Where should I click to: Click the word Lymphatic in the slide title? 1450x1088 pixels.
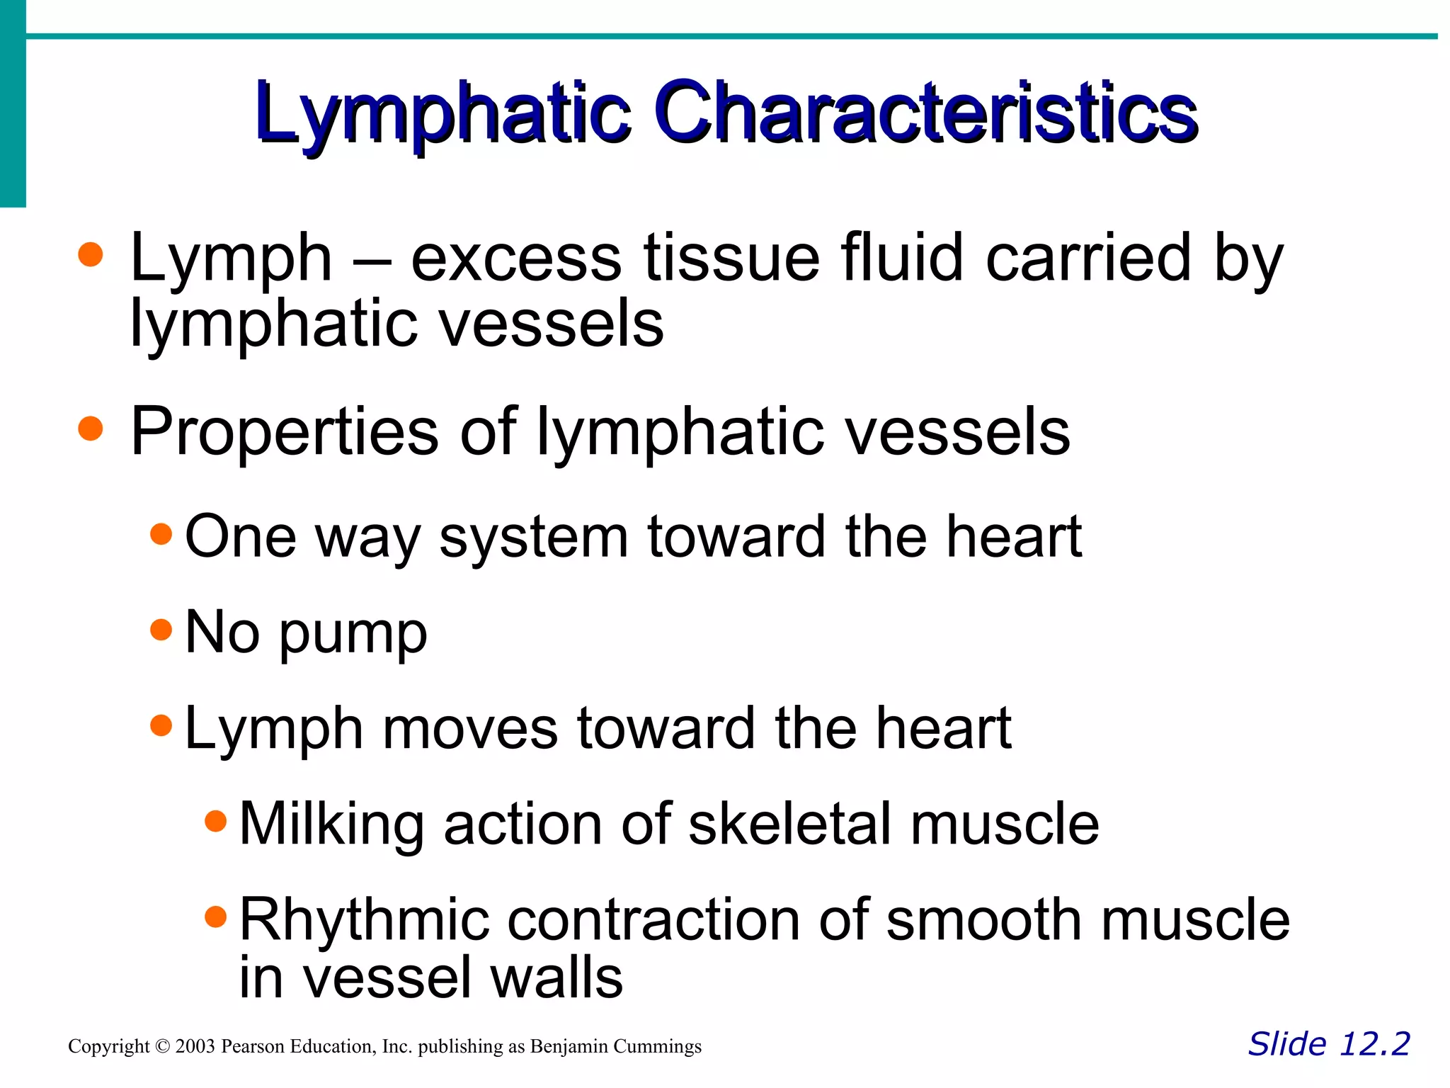(x=443, y=113)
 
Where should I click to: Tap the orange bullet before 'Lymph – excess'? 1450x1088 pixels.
(x=91, y=254)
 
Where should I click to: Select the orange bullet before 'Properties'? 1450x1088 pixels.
(x=91, y=428)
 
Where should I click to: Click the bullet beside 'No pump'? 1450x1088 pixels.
(x=161, y=629)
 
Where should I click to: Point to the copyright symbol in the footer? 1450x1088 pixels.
(x=162, y=1046)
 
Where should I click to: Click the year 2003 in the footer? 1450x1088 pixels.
(x=195, y=1046)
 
